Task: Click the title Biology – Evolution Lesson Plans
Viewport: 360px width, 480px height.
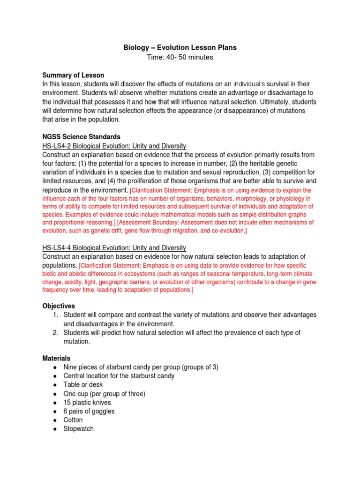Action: tap(180, 47)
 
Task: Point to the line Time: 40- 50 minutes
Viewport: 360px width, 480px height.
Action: tap(180, 57)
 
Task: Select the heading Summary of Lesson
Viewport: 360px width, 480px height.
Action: tap(73, 75)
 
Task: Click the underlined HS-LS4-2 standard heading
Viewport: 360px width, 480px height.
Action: tap(114, 146)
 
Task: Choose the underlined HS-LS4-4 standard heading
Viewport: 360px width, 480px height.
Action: tap(114, 247)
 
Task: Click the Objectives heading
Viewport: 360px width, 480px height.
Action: tap(59, 306)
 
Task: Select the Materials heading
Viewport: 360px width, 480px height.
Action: tap(57, 358)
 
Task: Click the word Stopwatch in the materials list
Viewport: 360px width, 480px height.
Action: tap(78, 428)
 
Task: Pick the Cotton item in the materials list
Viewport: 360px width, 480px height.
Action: tap(73, 420)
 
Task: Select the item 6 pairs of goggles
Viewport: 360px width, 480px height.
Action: tap(89, 411)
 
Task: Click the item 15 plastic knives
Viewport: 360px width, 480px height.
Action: tap(87, 402)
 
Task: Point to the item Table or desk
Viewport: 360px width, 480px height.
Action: tap(83, 384)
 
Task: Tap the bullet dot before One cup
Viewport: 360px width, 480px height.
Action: tap(56, 394)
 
